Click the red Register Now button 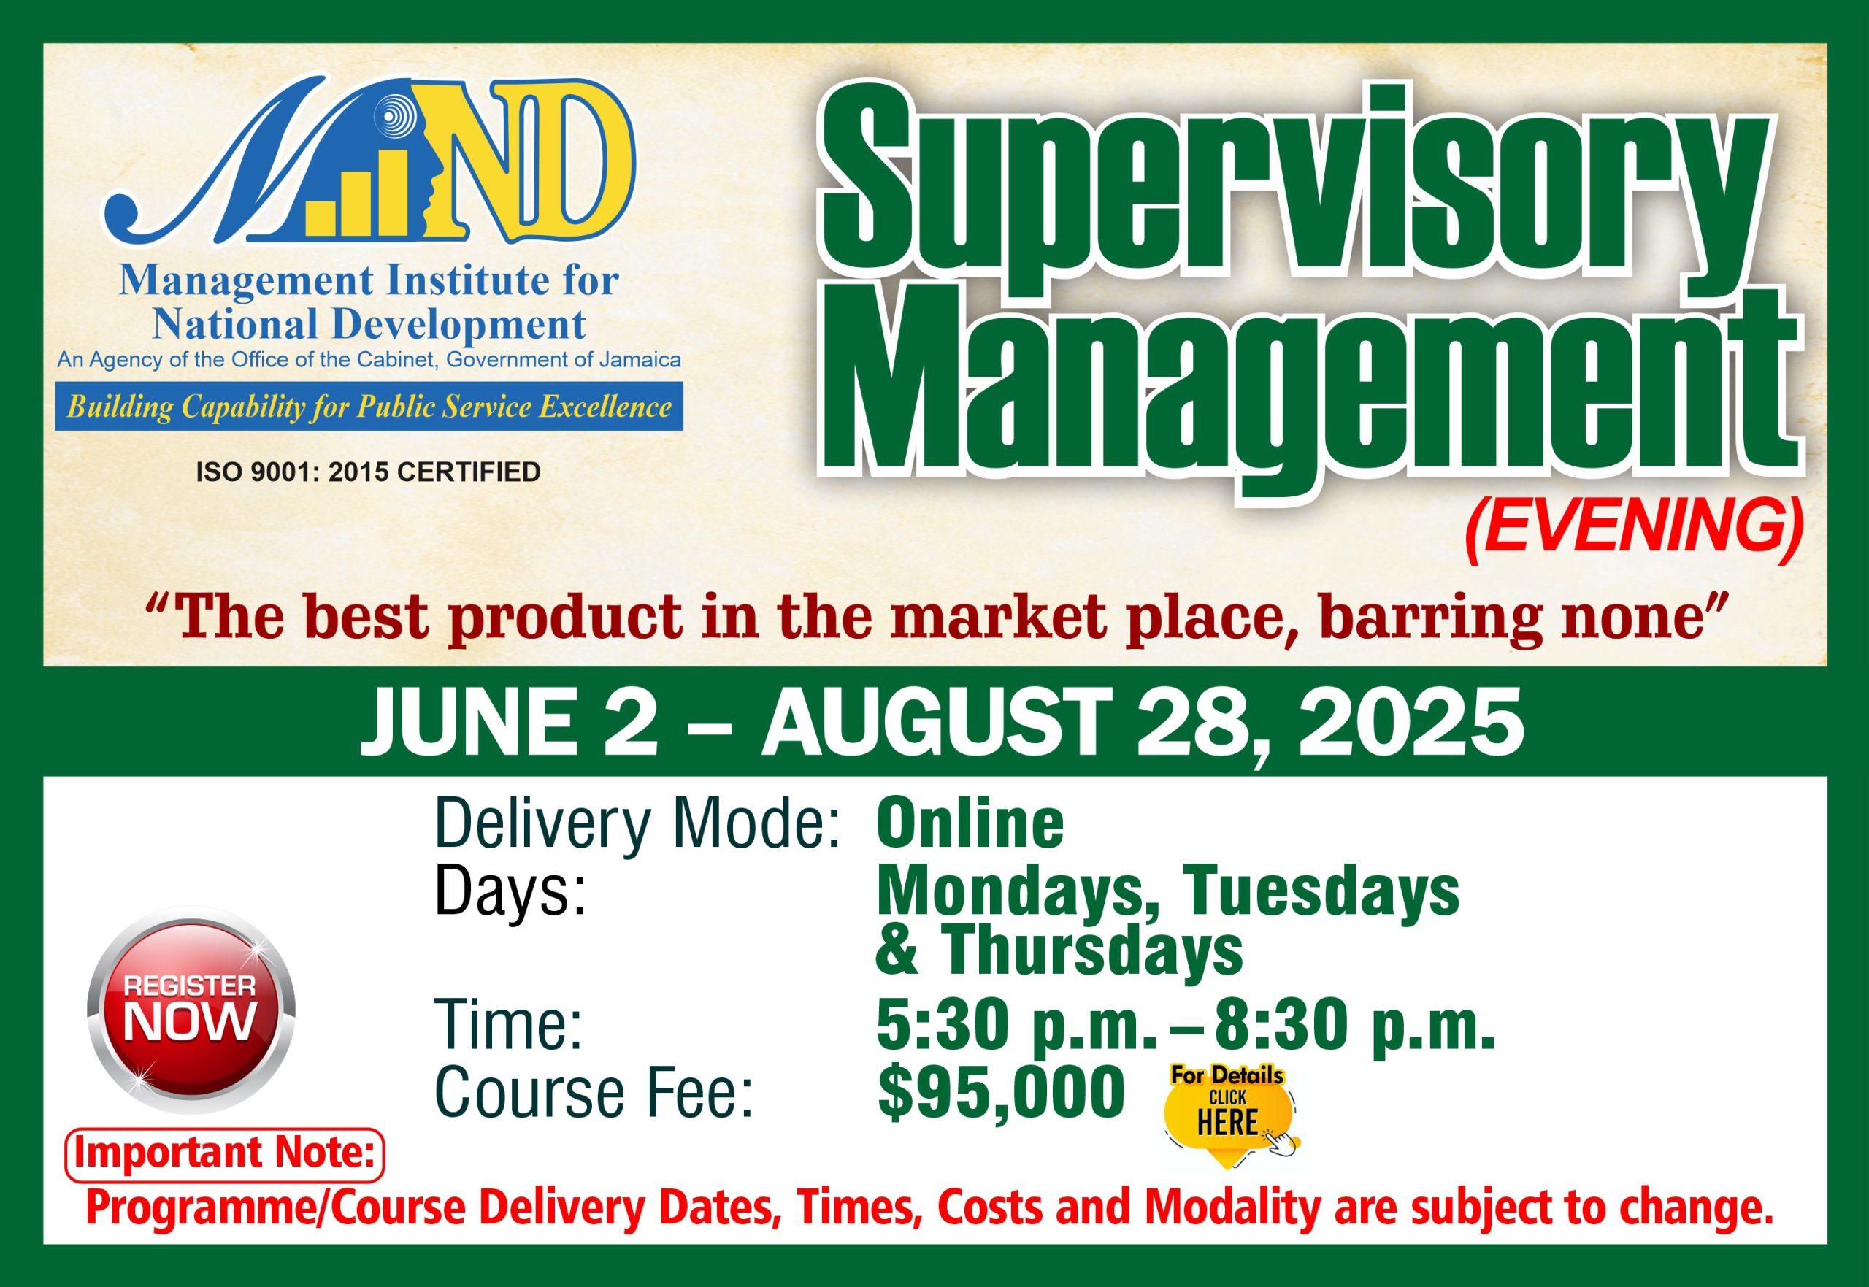pyautogui.click(x=191, y=1010)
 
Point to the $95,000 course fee pyautogui.click(x=1001, y=1093)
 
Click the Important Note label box pyautogui.click(x=224, y=1155)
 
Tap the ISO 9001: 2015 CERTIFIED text pyautogui.click(x=369, y=472)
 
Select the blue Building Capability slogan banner pyautogui.click(x=369, y=407)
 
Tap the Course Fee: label pyautogui.click(x=594, y=1094)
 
